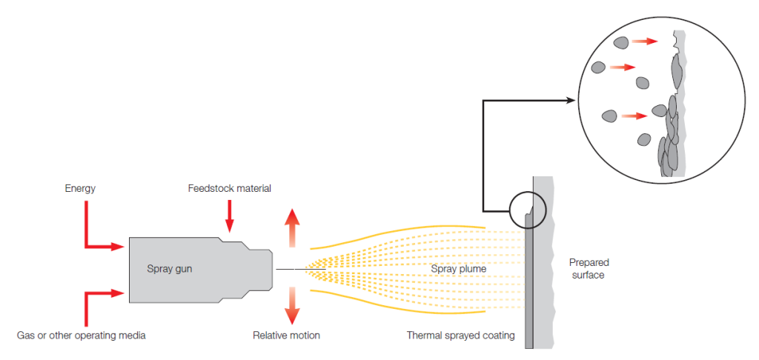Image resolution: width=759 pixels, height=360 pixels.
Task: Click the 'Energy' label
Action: (80, 189)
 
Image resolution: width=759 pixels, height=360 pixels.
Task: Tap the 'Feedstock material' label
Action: (229, 189)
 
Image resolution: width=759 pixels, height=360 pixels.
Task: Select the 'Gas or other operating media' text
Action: (82, 336)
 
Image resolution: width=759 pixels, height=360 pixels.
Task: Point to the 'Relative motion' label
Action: (286, 336)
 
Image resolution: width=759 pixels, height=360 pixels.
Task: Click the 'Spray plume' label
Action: (459, 269)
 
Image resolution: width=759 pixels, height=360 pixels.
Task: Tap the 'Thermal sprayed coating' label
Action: (460, 336)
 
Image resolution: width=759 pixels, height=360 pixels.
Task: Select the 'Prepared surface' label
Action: (589, 269)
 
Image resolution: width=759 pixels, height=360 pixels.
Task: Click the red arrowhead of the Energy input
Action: (118, 246)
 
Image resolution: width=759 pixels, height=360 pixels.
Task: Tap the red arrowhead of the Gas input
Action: (118, 293)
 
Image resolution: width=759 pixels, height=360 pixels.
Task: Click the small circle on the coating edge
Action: (528, 209)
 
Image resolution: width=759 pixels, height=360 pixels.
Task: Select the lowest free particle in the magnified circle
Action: (644, 139)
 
